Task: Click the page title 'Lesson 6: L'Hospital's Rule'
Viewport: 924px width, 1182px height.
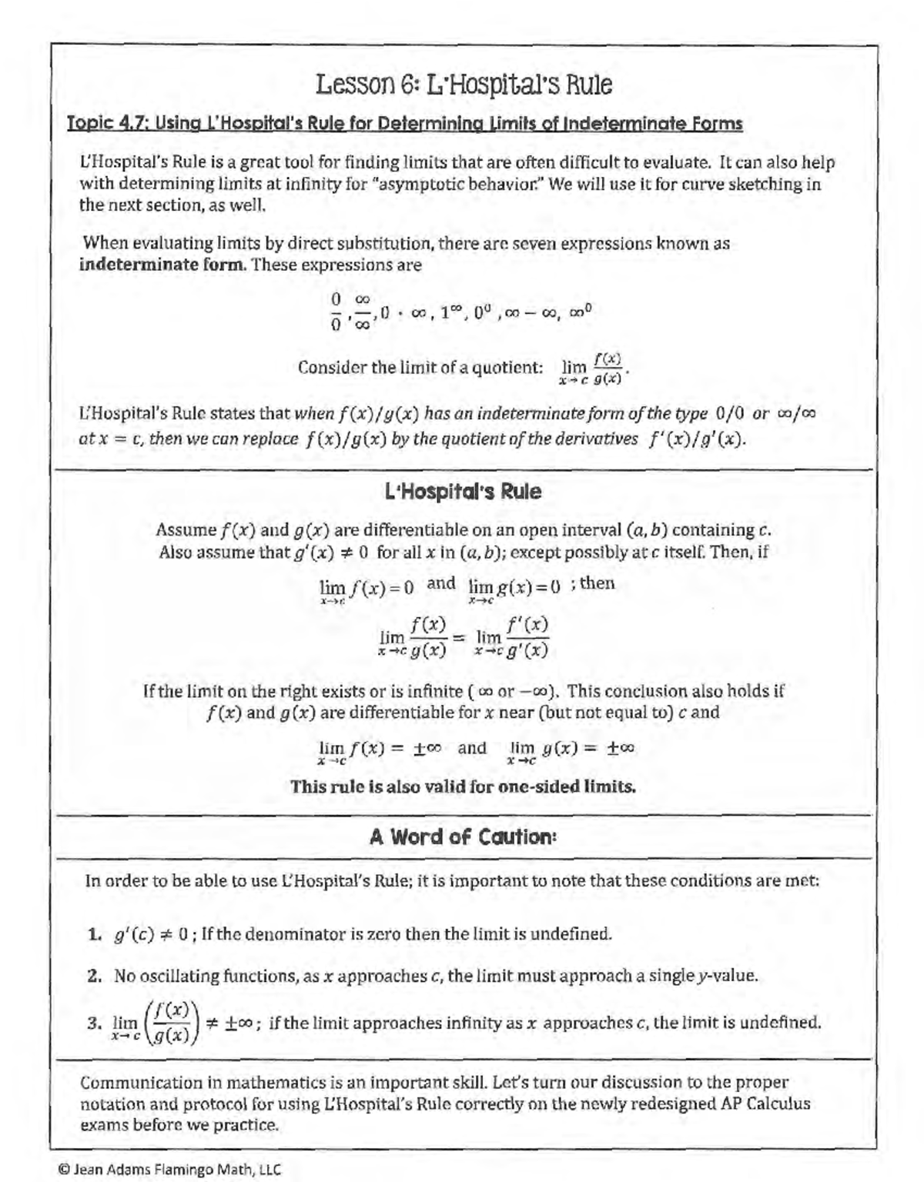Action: point(464,85)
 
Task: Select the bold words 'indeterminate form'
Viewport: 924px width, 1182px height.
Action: point(162,265)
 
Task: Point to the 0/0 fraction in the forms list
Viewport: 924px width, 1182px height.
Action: point(336,311)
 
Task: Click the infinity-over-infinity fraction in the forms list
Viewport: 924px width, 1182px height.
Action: point(363,311)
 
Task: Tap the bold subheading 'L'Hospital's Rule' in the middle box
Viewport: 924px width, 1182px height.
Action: point(463,492)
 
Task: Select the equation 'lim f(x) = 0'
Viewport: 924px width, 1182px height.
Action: point(367,587)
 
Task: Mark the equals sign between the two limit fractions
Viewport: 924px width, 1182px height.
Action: point(459,638)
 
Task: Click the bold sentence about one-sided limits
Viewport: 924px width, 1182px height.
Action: point(463,787)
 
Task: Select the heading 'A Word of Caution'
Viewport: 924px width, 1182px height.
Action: point(463,836)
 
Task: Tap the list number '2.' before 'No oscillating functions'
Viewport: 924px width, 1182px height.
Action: point(95,977)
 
